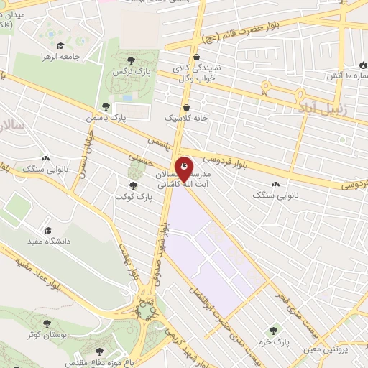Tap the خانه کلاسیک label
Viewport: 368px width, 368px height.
[x=186, y=117]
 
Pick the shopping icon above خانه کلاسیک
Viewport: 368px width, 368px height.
[x=186, y=107]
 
